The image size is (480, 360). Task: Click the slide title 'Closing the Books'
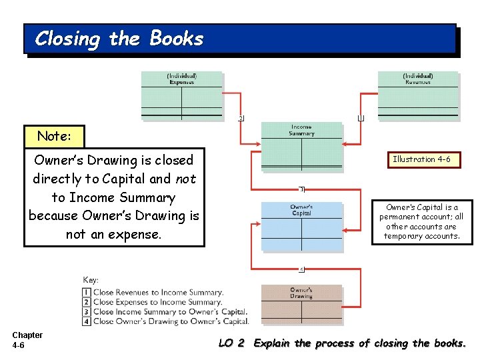point(119,39)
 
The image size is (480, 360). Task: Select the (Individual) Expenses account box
point(181,95)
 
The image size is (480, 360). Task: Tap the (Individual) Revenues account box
point(418,95)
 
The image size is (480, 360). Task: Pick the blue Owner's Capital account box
point(301,227)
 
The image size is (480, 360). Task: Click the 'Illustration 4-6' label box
point(422,159)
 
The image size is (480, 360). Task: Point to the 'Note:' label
point(54,136)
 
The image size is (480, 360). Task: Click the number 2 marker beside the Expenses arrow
point(241,118)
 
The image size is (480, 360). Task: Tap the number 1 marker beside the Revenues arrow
point(361,118)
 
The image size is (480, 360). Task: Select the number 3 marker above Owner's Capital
point(301,189)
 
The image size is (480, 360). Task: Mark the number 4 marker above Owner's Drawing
point(301,269)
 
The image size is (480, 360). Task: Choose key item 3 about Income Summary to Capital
point(165,311)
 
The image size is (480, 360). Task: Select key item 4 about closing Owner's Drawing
point(165,321)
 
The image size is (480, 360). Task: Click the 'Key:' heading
point(91,280)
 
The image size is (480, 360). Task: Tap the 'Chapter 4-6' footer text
point(27,340)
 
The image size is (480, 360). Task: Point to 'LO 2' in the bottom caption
point(232,343)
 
